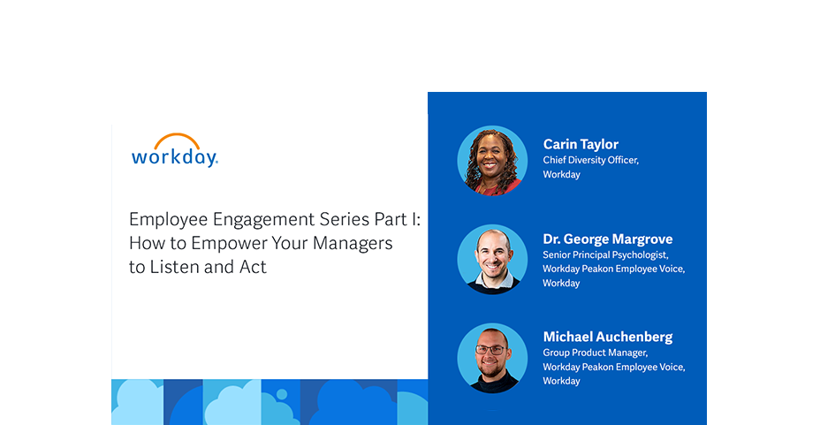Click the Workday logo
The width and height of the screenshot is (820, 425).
point(175,150)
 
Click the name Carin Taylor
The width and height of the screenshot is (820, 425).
point(581,144)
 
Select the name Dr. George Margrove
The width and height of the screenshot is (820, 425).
point(608,239)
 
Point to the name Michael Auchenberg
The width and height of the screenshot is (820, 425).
point(608,337)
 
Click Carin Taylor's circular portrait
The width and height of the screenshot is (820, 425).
point(492,161)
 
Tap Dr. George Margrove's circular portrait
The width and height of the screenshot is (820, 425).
point(492,259)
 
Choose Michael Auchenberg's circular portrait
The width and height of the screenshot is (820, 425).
point(492,358)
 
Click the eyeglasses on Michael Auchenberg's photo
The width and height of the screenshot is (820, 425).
point(490,350)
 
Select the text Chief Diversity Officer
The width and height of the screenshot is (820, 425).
point(590,161)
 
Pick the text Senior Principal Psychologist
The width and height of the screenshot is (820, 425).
point(605,255)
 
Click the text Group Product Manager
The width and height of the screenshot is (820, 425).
point(596,353)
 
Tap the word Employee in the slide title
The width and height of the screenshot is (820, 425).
point(169,219)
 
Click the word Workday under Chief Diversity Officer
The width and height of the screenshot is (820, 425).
point(562,175)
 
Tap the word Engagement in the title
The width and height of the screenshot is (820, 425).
point(263,219)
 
